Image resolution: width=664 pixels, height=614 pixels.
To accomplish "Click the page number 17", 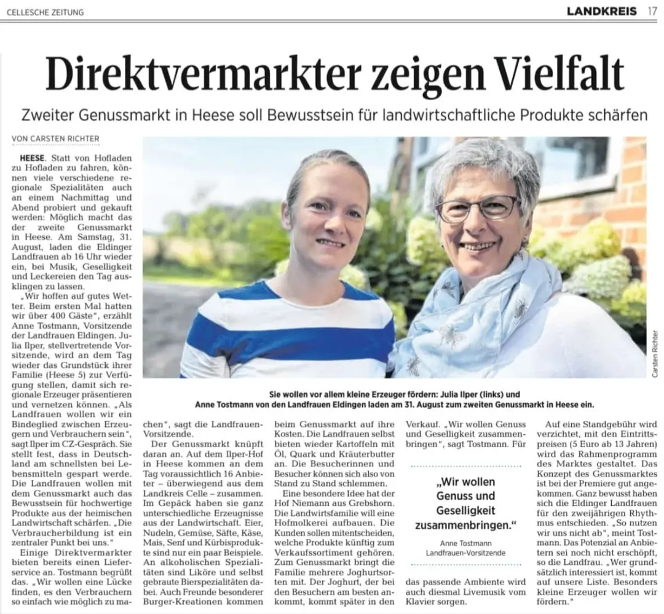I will click(x=652, y=10).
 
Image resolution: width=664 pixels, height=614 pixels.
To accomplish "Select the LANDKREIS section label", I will click(x=601, y=10).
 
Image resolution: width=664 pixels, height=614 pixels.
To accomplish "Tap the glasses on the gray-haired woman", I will click(x=476, y=208).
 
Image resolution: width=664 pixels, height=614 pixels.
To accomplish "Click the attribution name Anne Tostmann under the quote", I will click(x=465, y=543).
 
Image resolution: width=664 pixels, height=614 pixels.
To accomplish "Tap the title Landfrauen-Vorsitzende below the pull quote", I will click(x=465, y=552).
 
